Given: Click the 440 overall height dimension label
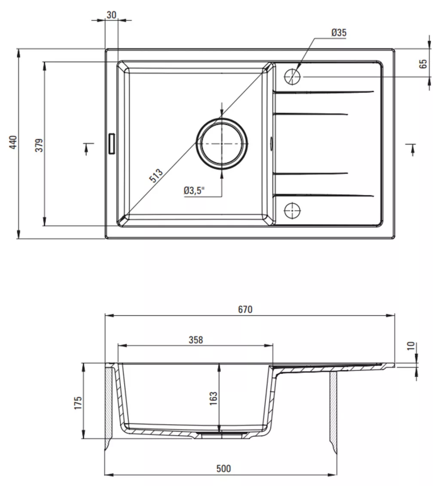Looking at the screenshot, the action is pyautogui.click(x=13, y=142).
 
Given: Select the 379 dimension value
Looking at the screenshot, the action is pyautogui.click(x=40, y=145).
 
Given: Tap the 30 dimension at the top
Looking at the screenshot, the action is pyautogui.click(x=111, y=15).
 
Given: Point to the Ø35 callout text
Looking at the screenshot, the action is pyautogui.click(x=339, y=32).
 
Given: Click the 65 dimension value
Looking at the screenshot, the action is pyautogui.click(x=423, y=64).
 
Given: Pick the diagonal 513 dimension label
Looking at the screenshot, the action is pyautogui.click(x=156, y=176).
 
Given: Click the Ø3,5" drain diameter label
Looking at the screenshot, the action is pyautogui.click(x=194, y=190).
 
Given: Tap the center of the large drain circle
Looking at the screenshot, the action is pyautogui.click(x=222, y=144).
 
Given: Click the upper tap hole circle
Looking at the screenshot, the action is pyautogui.click(x=292, y=76).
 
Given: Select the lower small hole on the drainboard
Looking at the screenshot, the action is pyautogui.click(x=292, y=211).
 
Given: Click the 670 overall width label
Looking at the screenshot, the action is pyautogui.click(x=245, y=309).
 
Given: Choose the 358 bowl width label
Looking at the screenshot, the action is pyautogui.click(x=196, y=340).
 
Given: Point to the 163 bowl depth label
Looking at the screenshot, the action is pyautogui.click(x=214, y=398).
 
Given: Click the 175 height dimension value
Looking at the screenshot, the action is pyautogui.click(x=78, y=403).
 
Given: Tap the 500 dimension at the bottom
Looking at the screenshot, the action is pyautogui.click(x=224, y=468).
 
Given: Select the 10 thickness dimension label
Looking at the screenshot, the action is pyautogui.click(x=410, y=346).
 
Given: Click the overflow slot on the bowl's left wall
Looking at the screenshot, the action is pyautogui.click(x=112, y=143).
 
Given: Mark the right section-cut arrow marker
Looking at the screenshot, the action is pyautogui.click(x=412, y=150).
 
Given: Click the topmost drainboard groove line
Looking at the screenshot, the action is pyautogui.click(x=324, y=92).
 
